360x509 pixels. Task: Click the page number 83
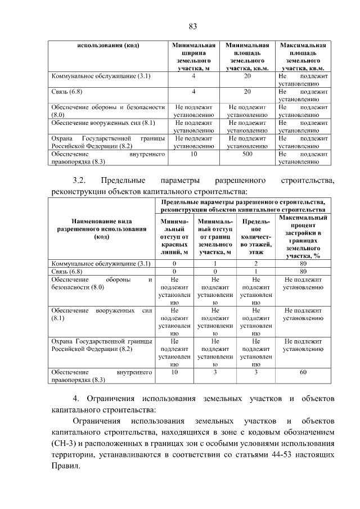coord(192,26)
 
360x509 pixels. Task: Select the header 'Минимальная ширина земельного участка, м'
coord(193,56)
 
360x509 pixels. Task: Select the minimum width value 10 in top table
coord(193,154)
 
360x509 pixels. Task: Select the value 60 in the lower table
coord(303,372)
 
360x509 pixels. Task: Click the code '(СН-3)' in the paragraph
coord(63,444)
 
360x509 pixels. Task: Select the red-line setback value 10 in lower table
coord(174,372)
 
